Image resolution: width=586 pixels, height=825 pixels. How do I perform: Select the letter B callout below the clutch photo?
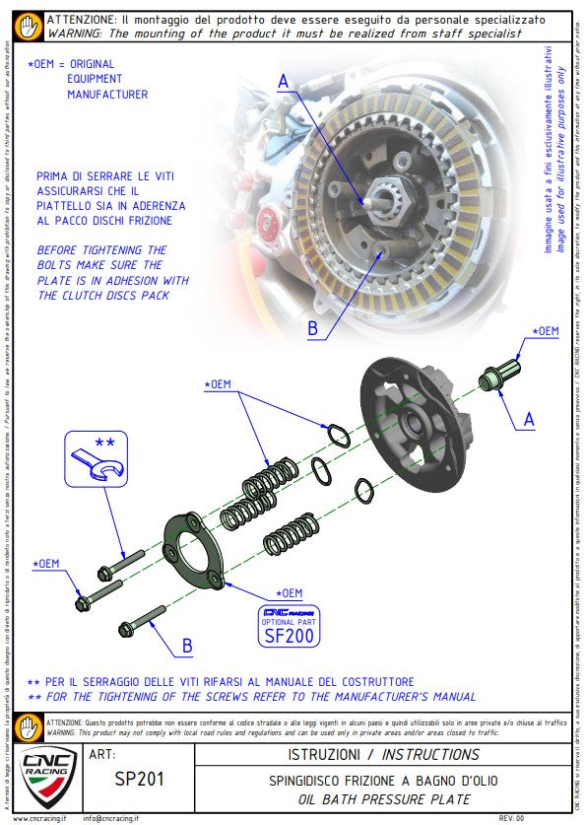click(x=312, y=329)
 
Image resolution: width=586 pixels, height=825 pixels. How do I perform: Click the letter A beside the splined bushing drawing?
click(x=529, y=419)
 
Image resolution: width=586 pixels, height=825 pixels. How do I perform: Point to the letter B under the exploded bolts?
click(x=186, y=647)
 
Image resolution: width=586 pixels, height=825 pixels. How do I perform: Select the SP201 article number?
click(x=139, y=779)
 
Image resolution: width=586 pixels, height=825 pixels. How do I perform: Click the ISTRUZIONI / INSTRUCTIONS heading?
click(x=383, y=755)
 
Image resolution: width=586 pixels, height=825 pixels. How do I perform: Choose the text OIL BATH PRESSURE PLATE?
click(x=383, y=799)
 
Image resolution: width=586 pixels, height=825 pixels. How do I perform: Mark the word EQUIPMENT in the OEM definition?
click(x=95, y=79)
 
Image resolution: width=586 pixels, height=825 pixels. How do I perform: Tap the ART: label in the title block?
click(x=102, y=755)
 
